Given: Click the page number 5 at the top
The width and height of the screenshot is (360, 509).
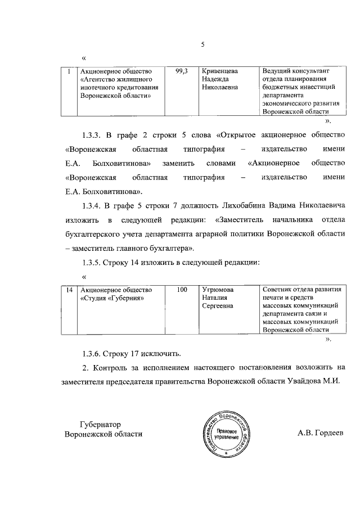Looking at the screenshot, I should click(x=203, y=45).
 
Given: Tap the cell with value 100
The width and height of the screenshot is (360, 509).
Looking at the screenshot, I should click(x=182, y=290).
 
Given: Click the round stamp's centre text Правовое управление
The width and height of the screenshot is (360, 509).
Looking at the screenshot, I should click(x=227, y=433).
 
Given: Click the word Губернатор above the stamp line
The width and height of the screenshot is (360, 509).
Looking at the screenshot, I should click(x=101, y=424).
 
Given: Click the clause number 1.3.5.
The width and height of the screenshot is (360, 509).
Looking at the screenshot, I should click(x=93, y=262).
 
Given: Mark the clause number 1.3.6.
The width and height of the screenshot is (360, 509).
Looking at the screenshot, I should click(x=93, y=354).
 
